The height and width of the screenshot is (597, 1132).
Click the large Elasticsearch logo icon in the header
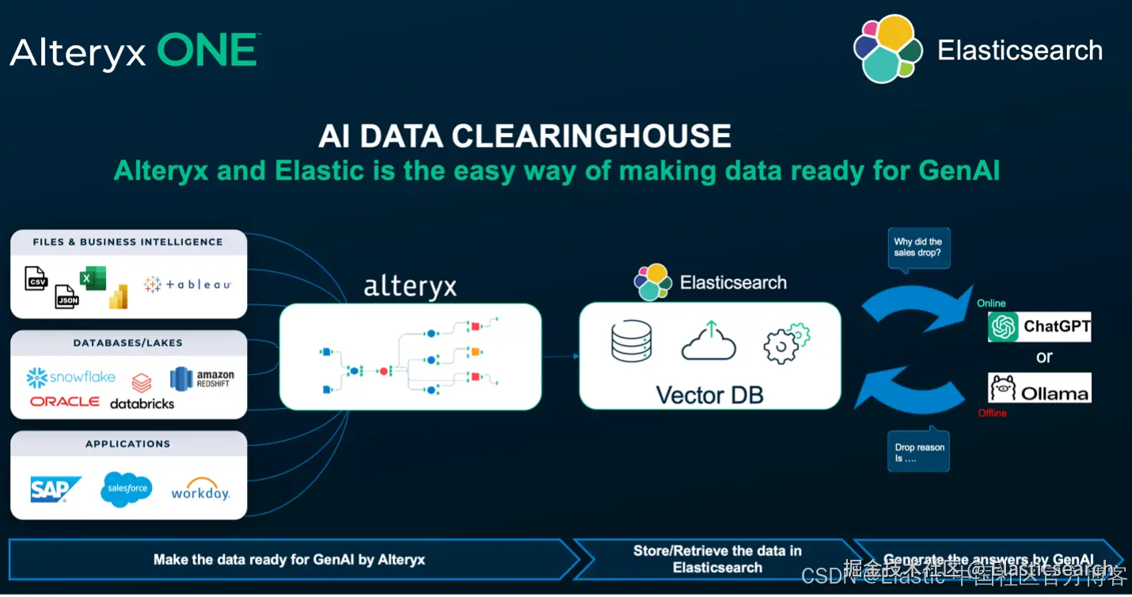(x=888, y=49)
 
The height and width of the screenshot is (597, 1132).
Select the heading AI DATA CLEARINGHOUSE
(x=524, y=135)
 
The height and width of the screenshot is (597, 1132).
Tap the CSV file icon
(x=36, y=279)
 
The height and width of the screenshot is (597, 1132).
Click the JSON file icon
(x=66, y=297)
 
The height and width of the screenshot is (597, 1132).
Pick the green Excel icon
(x=92, y=279)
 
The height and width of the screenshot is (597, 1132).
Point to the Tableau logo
(x=188, y=284)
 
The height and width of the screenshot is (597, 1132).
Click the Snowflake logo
(x=70, y=378)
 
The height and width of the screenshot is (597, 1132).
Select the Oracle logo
(x=65, y=401)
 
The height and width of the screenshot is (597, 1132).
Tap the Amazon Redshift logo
(x=203, y=378)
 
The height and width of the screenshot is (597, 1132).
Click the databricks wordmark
(x=142, y=402)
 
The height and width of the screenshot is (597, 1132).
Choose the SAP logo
(x=55, y=489)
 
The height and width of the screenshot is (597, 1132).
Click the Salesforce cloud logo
(x=127, y=489)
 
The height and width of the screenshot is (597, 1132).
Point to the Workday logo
(x=200, y=490)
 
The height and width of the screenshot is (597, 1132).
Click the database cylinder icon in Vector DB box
(x=631, y=340)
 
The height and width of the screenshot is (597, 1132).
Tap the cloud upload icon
(x=708, y=340)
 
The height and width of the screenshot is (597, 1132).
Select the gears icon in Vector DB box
(x=786, y=343)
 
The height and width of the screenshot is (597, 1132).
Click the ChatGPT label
(x=1039, y=326)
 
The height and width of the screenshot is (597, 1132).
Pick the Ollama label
(x=1039, y=389)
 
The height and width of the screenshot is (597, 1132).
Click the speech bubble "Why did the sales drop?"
(x=917, y=249)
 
